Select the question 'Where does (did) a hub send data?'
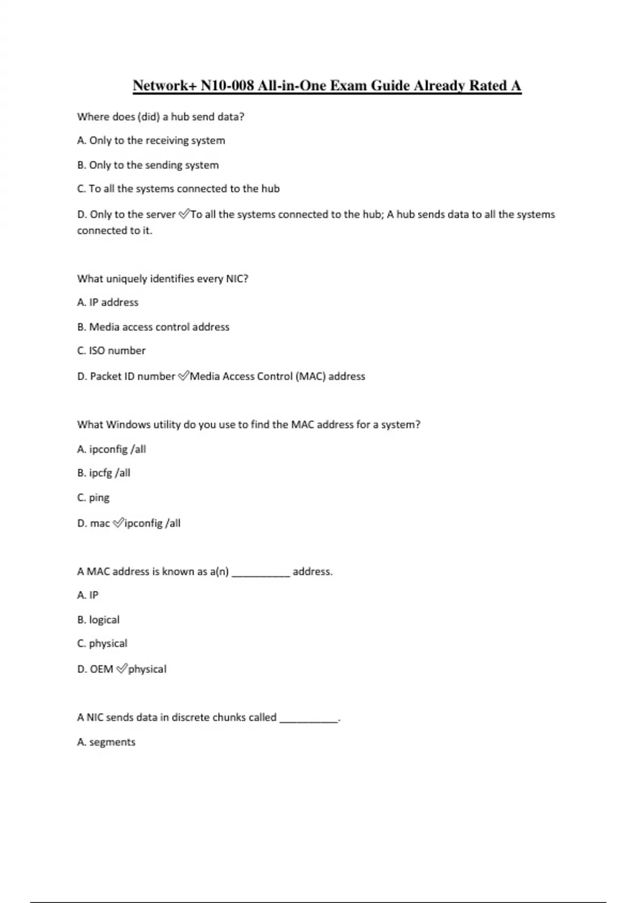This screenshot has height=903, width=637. (x=160, y=117)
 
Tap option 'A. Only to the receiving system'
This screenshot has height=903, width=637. (x=151, y=141)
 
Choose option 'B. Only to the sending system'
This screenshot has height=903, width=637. (x=148, y=165)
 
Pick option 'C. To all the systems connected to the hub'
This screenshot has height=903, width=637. (x=178, y=189)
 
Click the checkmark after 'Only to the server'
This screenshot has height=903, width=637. (x=184, y=214)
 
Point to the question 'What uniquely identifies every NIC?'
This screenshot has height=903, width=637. (x=162, y=279)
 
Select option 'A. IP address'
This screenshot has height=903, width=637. (x=107, y=302)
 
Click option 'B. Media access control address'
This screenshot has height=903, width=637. (x=153, y=327)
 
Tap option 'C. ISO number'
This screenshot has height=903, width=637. (x=111, y=351)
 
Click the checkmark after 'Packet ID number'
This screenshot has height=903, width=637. (x=183, y=376)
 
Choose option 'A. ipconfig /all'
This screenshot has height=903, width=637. (x=111, y=449)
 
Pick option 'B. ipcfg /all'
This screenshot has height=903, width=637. (x=104, y=473)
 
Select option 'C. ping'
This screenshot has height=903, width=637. (x=93, y=498)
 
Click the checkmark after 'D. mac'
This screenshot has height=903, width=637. (x=118, y=523)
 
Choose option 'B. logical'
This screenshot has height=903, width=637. (x=98, y=620)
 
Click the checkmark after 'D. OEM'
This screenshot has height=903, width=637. (x=121, y=669)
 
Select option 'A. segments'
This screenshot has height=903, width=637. (x=106, y=742)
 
